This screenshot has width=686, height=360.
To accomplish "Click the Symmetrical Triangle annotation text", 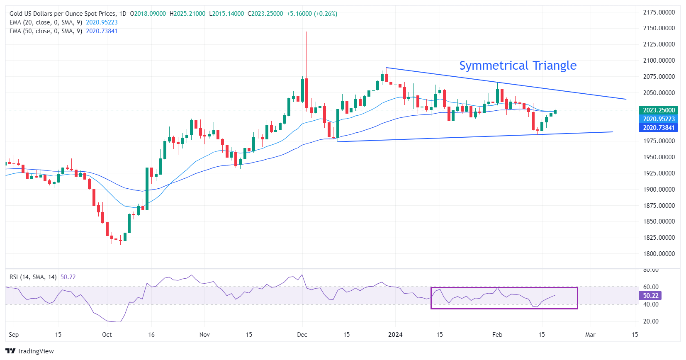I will pyautogui.click(x=518, y=66).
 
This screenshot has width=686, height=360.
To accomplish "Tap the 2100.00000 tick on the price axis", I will pyautogui.click(x=659, y=61).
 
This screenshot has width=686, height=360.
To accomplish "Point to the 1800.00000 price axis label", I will pyautogui.click(x=659, y=254).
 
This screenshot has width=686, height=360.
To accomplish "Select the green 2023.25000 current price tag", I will pyautogui.click(x=659, y=110).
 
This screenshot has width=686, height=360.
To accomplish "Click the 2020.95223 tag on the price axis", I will pyautogui.click(x=659, y=119).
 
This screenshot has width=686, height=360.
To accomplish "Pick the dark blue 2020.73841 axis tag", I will pyautogui.click(x=659, y=128).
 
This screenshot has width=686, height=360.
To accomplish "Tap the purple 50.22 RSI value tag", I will pyautogui.click(x=650, y=296).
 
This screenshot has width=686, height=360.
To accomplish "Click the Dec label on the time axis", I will pyautogui.click(x=302, y=335).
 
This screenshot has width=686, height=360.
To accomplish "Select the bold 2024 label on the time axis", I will pyautogui.click(x=395, y=335).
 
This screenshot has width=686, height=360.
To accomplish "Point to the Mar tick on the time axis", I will pyautogui.click(x=590, y=335).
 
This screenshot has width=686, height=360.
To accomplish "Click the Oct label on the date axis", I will pyautogui.click(x=107, y=335).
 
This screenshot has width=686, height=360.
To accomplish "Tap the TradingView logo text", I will pyautogui.click(x=35, y=351).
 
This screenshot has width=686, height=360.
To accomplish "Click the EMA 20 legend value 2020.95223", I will pyautogui.click(x=102, y=22).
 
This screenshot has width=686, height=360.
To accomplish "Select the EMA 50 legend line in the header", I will pyautogui.click(x=46, y=31).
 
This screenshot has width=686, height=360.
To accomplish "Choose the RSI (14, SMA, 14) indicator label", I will pyautogui.click(x=33, y=277).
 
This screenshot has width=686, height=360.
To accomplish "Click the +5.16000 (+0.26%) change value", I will pyautogui.click(x=312, y=14).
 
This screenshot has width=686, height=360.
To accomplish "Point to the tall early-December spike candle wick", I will pyautogui.click(x=307, y=54).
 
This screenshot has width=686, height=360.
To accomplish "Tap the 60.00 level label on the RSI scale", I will pyautogui.click(x=650, y=287).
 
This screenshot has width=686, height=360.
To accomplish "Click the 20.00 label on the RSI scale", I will pyautogui.click(x=650, y=321).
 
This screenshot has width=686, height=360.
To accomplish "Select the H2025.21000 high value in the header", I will pyautogui.click(x=187, y=14).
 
